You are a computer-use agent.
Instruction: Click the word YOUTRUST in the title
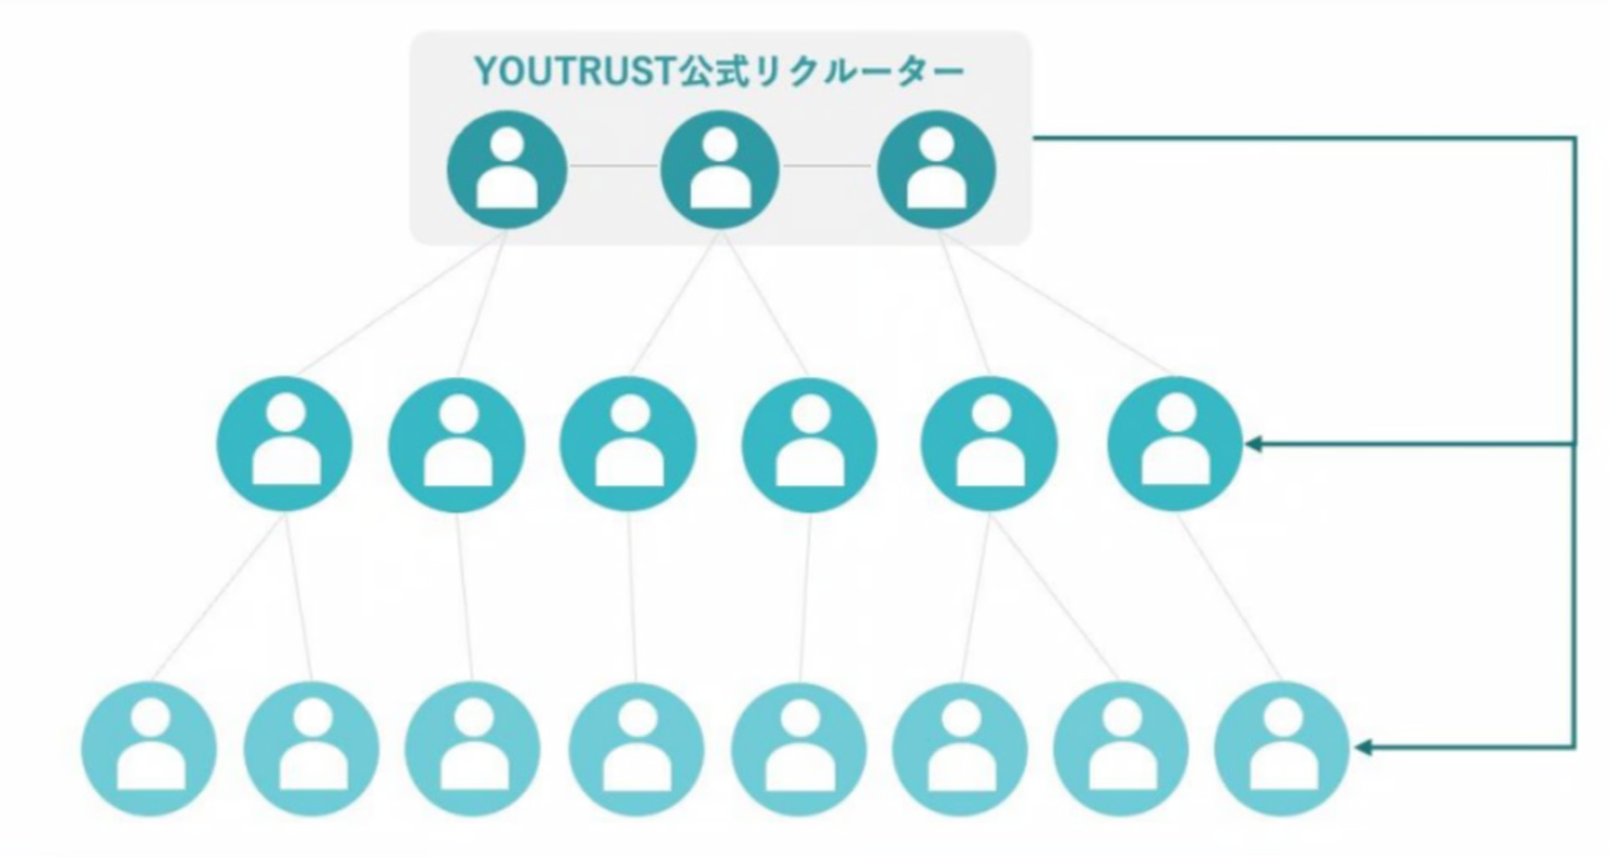click(x=575, y=71)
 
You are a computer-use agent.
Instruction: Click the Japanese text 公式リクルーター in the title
click(x=821, y=71)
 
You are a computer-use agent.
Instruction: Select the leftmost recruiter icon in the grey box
click(x=507, y=170)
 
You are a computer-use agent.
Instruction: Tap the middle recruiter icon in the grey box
click(x=721, y=170)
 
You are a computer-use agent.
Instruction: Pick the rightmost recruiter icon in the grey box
click(x=936, y=170)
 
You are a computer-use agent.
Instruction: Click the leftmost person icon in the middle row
click(x=285, y=444)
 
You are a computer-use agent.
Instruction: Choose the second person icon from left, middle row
click(x=457, y=444)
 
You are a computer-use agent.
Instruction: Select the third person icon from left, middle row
click(x=629, y=444)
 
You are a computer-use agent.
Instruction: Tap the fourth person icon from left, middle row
click(x=810, y=444)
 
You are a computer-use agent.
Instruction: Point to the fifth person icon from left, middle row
click(x=989, y=444)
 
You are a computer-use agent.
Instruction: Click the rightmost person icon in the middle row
click(x=1175, y=444)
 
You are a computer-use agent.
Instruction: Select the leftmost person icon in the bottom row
click(x=149, y=749)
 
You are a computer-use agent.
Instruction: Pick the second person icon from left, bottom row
click(x=312, y=749)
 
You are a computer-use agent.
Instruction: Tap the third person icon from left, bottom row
click(x=473, y=749)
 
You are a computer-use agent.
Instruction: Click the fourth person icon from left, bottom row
click(x=637, y=749)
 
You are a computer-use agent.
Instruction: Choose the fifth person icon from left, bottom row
click(x=799, y=749)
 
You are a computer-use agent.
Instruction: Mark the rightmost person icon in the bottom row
click(x=1282, y=749)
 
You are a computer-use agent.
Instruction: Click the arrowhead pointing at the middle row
click(x=1254, y=444)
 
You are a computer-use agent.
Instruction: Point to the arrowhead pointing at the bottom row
click(x=1363, y=747)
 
